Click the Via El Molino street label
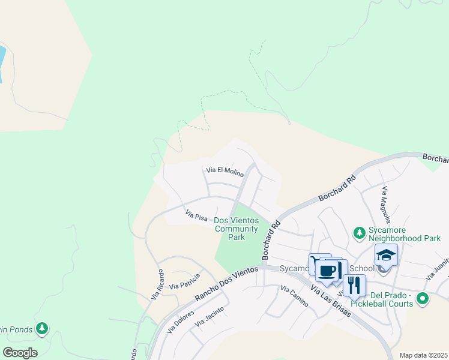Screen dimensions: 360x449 (225, 172)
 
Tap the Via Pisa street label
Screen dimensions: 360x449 (196, 215)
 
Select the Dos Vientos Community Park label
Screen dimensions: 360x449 (237, 229)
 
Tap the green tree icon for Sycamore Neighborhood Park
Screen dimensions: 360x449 (359, 232)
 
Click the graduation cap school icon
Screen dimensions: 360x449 (386, 256)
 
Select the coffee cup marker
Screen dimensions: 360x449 (328, 271)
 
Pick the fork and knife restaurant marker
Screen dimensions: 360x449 (354, 285)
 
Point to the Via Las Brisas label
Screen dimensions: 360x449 (331, 299)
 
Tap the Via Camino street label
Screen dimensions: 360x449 (294, 296)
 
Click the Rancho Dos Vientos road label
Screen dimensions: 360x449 (226, 284)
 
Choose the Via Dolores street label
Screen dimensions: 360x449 (180, 320)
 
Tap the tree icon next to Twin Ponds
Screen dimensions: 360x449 (41, 328)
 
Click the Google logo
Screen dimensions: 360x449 (20, 352)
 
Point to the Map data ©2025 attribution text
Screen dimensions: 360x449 (423, 355)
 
